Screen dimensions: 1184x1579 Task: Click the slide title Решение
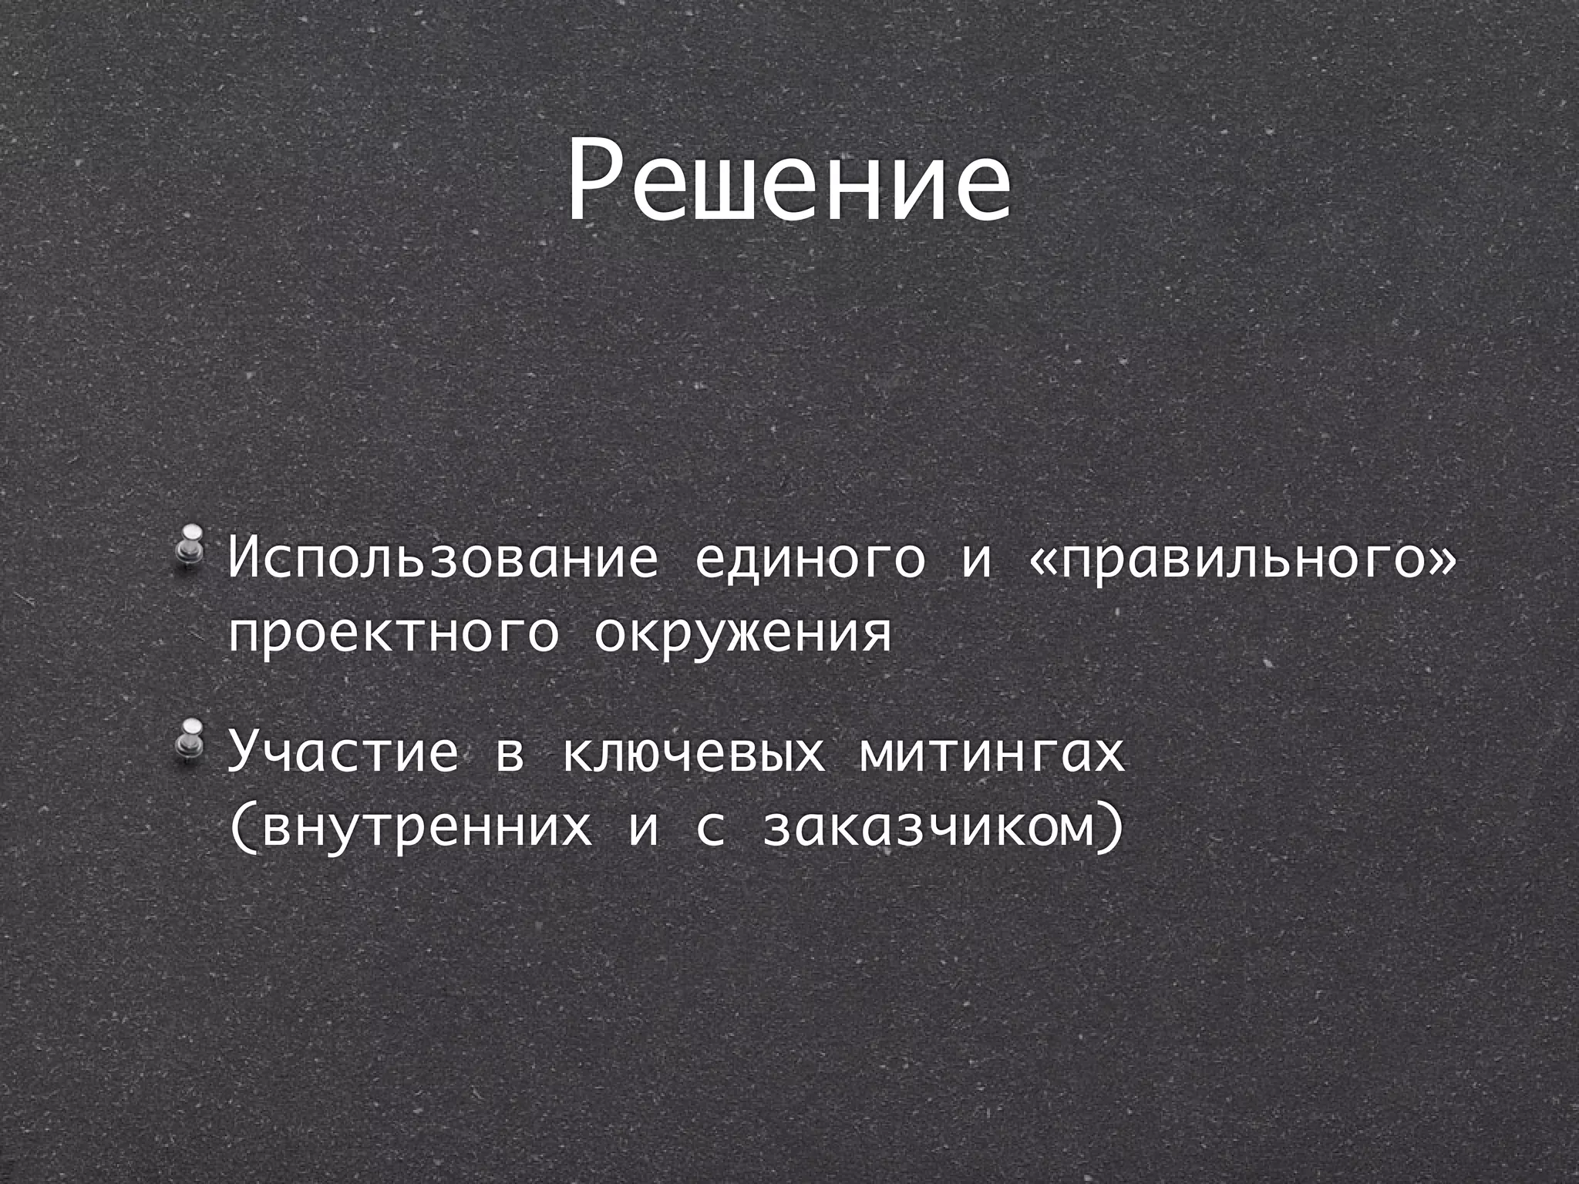(789, 183)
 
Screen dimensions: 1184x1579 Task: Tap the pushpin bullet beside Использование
(187, 550)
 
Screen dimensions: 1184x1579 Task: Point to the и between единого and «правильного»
(977, 560)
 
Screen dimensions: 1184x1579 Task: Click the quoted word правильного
(1241, 560)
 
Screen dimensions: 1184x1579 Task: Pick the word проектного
(393, 634)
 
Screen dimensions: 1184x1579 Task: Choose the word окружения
(742, 634)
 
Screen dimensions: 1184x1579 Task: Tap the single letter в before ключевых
(510, 755)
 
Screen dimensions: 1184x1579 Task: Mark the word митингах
(992, 753)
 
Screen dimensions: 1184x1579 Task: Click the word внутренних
(426, 827)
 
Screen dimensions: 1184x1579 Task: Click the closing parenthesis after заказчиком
(1109, 827)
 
